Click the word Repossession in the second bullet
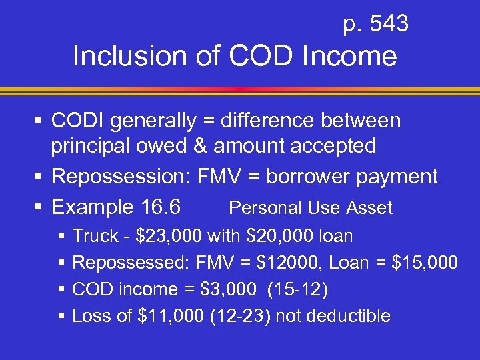119,177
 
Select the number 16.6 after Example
158,207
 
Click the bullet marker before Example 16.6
39,208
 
